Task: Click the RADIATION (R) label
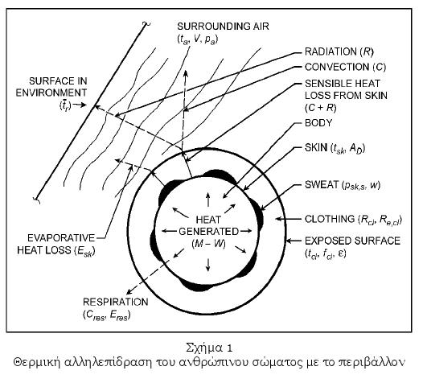coord(339,51)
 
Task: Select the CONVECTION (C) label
coord(345,67)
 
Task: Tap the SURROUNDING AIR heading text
coord(223,27)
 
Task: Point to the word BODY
coord(318,123)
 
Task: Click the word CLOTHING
coord(330,219)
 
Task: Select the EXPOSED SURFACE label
coord(352,241)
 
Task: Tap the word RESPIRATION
coord(116,302)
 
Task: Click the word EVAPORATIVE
coord(61,238)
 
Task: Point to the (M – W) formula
coord(208,243)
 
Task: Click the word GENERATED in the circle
coord(208,231)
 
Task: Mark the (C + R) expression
coord(321,108)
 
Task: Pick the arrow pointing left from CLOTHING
coord(288,219)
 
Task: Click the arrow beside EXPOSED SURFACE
coord(293,241)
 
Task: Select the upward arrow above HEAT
coord(208,200)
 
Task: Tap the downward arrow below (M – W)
coord(208,265)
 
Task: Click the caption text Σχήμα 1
coord(209,348)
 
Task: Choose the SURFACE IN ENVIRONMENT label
coord(51,87)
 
